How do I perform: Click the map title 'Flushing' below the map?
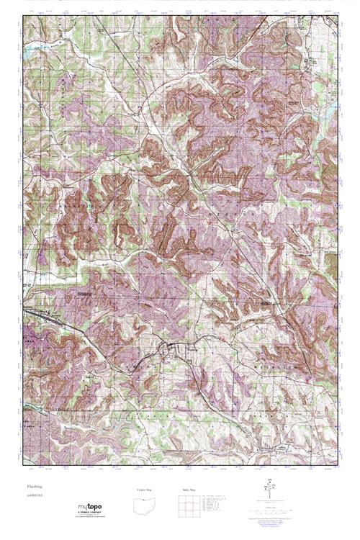(31, 487)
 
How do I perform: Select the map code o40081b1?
(32, 497)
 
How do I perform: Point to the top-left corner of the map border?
(22, 17)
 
